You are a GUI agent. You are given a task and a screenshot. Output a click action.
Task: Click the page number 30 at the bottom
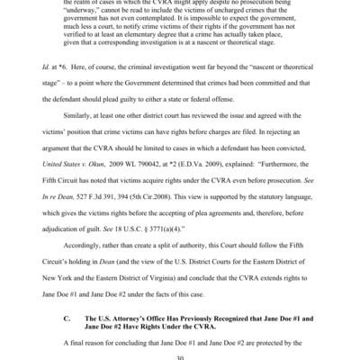180,354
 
